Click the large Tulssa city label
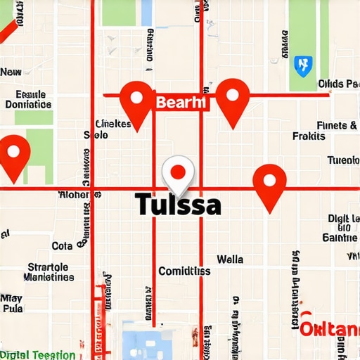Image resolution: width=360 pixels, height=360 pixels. point(177,205)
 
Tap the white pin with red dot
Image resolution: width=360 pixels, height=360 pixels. point(178,173)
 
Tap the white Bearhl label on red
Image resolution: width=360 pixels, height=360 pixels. point(181,103)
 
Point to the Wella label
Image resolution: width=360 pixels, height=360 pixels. point(230,259)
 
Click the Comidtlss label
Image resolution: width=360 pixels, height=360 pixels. point(184,271)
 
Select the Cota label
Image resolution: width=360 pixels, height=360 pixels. point(62,246)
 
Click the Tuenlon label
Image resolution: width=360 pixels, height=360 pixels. point(343,160)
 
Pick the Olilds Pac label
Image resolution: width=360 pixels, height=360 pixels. point(338,84)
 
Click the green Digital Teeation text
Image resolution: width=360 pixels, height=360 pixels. point(37,355)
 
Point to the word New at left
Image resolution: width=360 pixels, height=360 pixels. point(11,72)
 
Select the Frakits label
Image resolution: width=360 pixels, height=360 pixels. point(309,136)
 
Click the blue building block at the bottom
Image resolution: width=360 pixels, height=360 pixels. point(146,341)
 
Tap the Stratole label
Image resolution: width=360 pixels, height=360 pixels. point(48,267)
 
